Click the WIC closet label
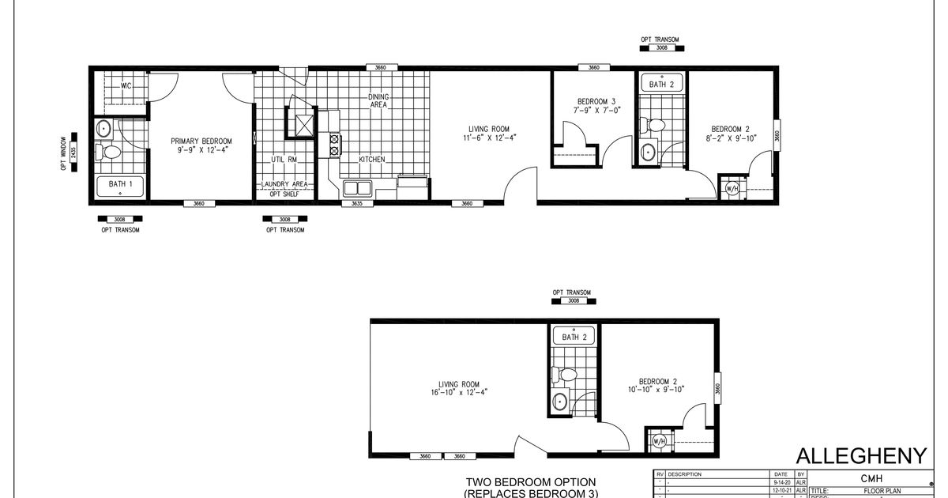click(x=125, y=85)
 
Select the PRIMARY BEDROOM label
click(x=199, y=141)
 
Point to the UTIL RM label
click(x=283, y=160)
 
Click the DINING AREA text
click(x=378, y=100)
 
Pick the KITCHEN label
click(x=372, y=160)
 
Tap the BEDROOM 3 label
click(x=596, y=100)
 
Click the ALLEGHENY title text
click(x=860, y=456)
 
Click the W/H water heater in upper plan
click(x=731, y=189)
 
